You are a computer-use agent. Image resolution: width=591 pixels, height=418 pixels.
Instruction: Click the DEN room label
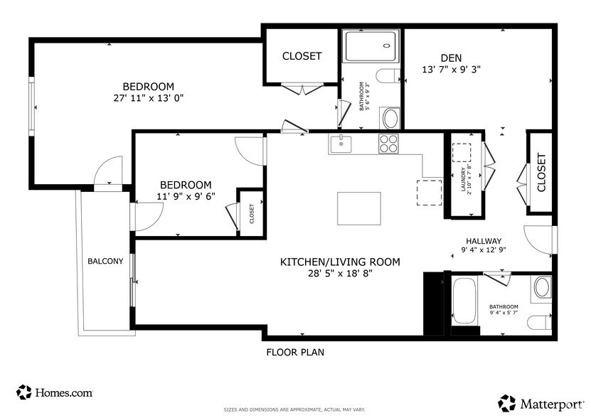(451, 58)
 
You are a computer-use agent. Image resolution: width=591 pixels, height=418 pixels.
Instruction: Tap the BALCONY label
(105, 261)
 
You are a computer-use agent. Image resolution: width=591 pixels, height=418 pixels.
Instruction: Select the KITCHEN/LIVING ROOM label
(340, 262)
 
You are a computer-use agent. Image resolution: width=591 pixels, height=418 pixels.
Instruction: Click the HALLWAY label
(484, 240)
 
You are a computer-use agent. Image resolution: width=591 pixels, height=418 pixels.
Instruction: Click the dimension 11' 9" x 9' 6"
(186, 196)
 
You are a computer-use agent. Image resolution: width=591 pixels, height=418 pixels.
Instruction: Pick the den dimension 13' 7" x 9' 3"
(451, 70)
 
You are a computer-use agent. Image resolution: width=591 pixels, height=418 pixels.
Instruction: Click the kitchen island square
(358, 208)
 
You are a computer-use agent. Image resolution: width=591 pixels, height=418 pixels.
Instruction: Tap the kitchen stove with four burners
(388, 143)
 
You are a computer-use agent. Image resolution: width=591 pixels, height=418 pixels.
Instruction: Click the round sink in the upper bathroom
(390, 117)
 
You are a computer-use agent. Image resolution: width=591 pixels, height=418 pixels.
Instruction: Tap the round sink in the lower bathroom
(542, 288)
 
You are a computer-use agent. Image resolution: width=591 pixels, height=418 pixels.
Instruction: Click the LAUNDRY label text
(463, 181)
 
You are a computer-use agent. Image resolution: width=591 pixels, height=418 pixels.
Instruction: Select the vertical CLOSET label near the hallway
(541, 173)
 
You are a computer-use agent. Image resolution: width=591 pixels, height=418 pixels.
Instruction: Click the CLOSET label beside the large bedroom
(302, 55)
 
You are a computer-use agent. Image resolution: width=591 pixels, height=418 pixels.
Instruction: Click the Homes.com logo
(55, 392)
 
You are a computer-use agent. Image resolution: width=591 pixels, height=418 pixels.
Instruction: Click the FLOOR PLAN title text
(295, 352)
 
